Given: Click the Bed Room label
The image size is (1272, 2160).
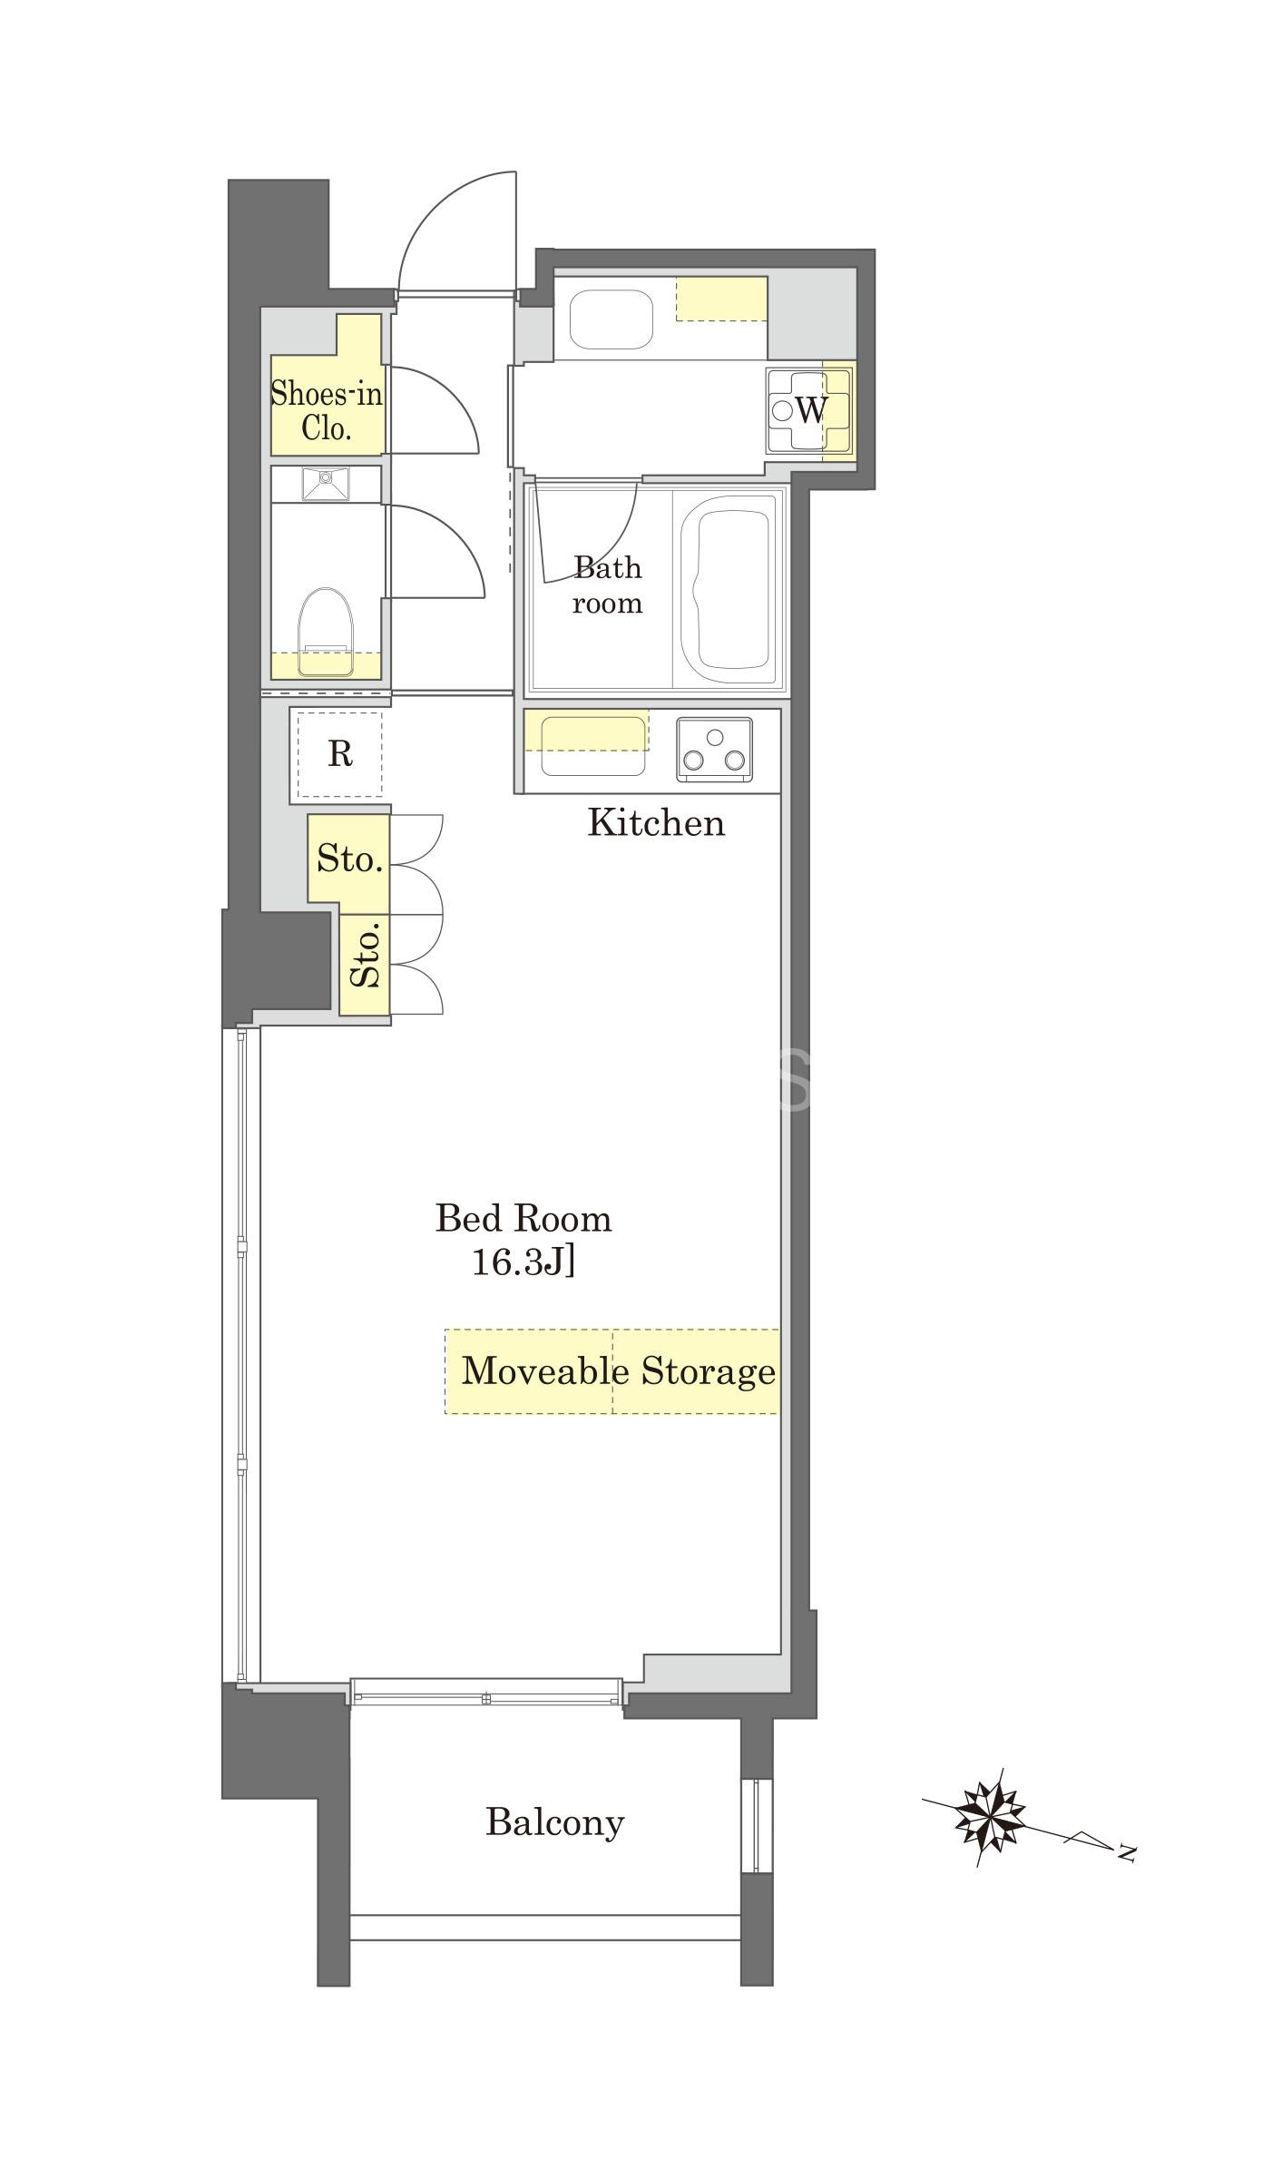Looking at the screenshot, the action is pos(523,1218).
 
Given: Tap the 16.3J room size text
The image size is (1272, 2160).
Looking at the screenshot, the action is pos(523,1262).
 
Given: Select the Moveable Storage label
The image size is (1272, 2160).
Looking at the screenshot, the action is pos(619,1370).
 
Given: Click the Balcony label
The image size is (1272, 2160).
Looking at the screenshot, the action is pos(555,1821).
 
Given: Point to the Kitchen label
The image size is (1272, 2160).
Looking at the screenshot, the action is pos(657,822).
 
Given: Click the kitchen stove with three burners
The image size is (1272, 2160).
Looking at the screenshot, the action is pos(715,749).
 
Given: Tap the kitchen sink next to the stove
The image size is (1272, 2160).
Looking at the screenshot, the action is pos(594,746).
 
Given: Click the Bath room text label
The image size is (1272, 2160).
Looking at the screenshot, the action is pos(607,585).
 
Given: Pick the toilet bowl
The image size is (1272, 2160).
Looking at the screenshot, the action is pos(326,632).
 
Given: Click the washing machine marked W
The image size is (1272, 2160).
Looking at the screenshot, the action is pos(809,410).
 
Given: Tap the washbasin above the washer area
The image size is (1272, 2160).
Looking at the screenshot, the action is pos(611,319).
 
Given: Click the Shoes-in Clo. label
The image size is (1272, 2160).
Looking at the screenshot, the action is pos(327,410).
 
